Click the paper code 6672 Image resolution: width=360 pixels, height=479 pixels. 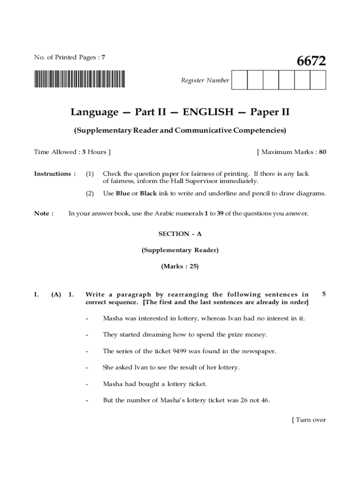[311, 61]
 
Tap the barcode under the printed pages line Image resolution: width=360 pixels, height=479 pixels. [79, 79]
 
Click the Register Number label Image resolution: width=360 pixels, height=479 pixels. [205, 80]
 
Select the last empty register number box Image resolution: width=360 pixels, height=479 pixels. [317, 80]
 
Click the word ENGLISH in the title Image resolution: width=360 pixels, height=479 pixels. [208, 112]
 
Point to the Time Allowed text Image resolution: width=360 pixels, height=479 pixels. [72, 152]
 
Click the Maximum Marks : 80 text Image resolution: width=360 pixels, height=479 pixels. [291, 152]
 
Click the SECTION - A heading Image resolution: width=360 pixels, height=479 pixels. [180, 233]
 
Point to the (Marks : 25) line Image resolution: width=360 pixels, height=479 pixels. [180, 266]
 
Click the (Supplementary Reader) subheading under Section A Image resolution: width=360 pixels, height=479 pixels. [180, 250]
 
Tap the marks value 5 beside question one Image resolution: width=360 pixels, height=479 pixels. [324, 294]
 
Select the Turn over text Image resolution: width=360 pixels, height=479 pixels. [309, 420]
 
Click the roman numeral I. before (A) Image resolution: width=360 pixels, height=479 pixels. [36, 295]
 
